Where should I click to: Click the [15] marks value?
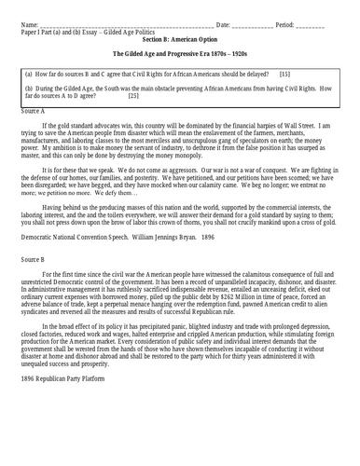point(284,73)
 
